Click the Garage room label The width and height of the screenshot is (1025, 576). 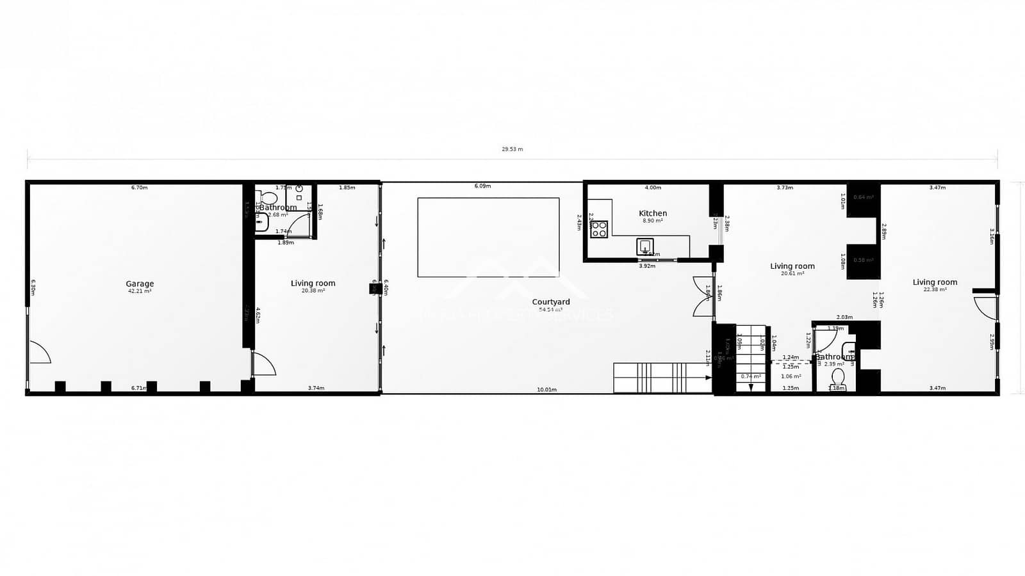[140, 284]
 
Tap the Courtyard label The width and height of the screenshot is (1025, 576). [550, 302]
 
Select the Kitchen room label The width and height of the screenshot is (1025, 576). [653, 213]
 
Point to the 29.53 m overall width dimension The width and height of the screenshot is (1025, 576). [512, 149]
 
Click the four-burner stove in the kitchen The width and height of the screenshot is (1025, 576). [599, 229]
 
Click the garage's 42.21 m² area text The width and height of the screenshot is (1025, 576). [140, 291]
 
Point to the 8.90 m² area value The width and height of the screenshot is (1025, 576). [653, 221]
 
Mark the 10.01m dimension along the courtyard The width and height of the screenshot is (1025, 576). [546, 389]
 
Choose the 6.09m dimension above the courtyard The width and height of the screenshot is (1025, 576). [482, 186]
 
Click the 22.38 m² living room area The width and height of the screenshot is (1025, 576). [935, 289]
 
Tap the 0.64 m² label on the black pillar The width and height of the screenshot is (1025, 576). [864, 197]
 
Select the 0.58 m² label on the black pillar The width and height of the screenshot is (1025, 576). [864, 260]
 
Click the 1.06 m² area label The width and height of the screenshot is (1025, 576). [791, 376]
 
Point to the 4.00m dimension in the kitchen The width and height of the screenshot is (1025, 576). [652, 188]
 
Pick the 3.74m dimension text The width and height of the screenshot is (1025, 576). [316, 388]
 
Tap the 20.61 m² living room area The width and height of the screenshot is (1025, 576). [792, 273]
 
